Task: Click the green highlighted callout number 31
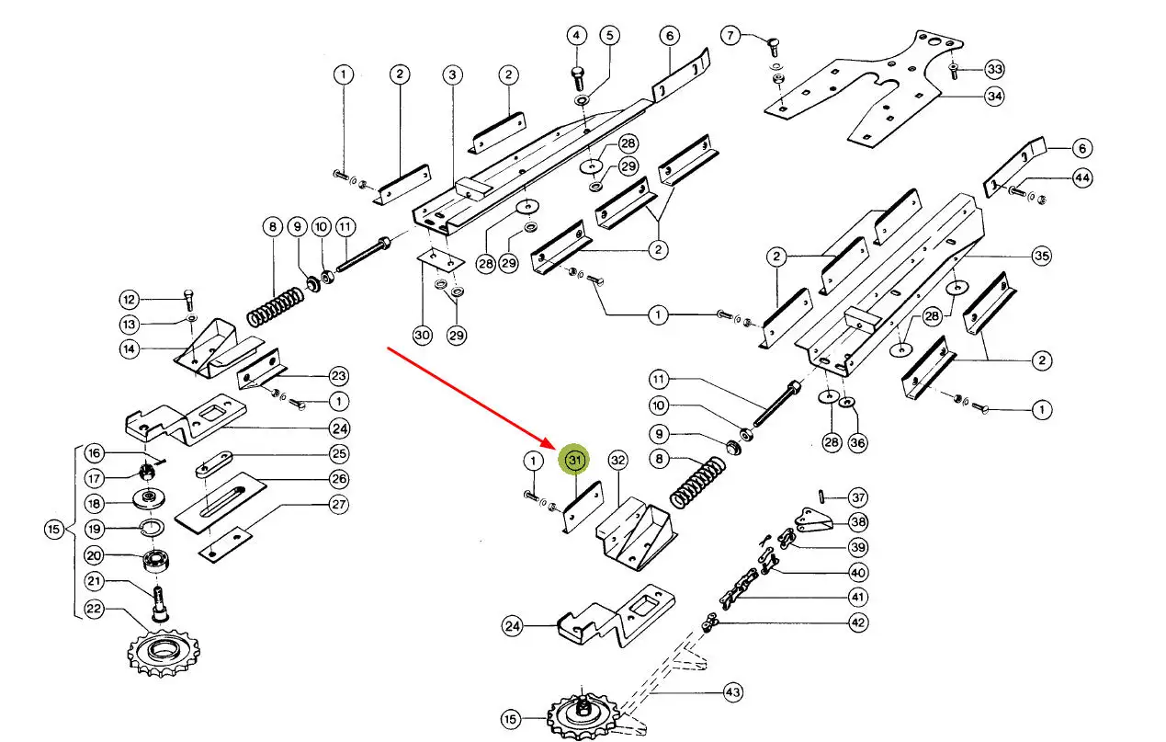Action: tap(575, 459)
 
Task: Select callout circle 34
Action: tap(994, 96)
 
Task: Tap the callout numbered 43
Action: tap(732, 691)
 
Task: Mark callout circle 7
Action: tap(730, 37)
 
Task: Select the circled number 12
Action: tap(130, 300)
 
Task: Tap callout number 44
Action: tap(1082, 179)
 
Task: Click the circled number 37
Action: tap(857, 498)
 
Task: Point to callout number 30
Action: tap(422, 336)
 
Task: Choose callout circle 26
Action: tap(339, 478)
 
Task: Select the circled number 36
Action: tap(857, 443)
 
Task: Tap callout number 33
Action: tap(994, 69)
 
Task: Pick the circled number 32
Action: tap(617, 460)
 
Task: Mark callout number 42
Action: tap(857, 622)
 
